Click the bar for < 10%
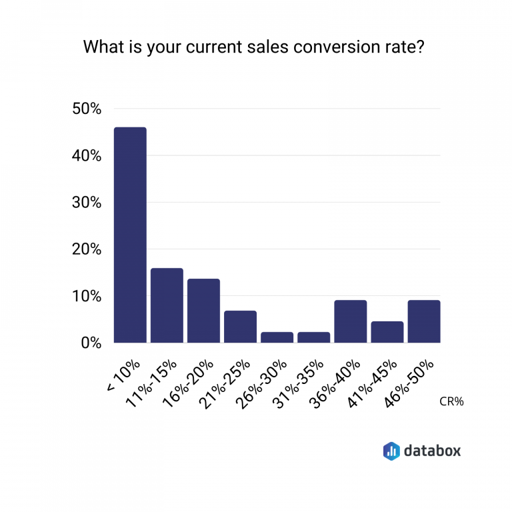pos(130,235)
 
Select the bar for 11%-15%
pos(167,305)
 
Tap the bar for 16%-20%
pos(203,311)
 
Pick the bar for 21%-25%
pos(240,327)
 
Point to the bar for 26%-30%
pos(277,337)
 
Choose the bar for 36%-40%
pos(350,321)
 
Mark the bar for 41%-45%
pos(387,332)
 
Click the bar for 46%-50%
pos(423,321)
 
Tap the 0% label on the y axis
pos(90,343)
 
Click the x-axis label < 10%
pos(123,377)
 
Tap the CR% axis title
pos(451,402)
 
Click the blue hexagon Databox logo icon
pos(391,451)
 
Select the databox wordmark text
pos(432,451)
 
